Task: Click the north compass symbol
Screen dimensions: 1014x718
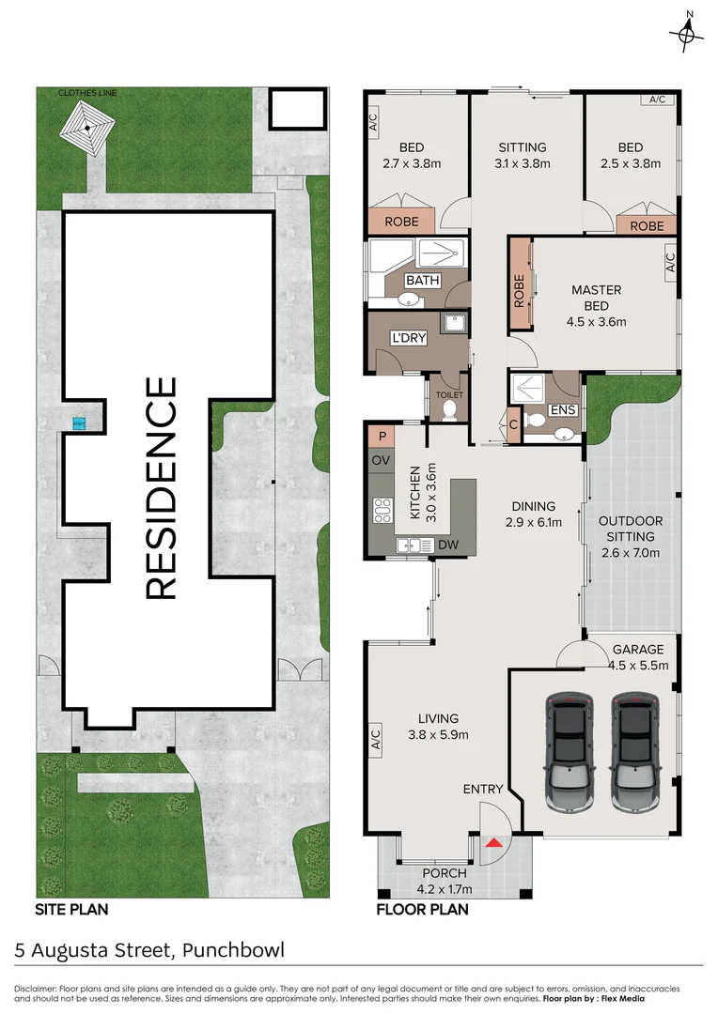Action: (687, 34)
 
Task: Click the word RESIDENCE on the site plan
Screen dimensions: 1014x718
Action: (161, 487)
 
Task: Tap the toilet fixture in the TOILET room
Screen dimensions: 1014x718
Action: (449, 409)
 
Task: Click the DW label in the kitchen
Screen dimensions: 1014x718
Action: (448, 545)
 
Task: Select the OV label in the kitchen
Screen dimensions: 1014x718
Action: (381, 460)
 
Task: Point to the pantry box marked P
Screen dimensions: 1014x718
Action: (381, 436)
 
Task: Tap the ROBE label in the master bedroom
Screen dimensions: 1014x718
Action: (519, 290)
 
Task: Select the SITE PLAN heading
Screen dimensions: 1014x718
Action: (71, 909)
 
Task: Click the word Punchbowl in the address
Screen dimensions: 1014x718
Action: (231, 950)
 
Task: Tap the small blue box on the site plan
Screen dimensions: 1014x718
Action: (78, 422)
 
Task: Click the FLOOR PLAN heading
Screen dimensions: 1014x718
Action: (422, 909)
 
